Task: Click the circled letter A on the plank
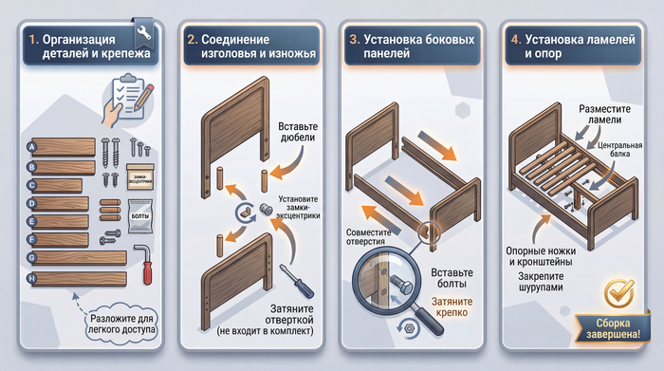point(31,147)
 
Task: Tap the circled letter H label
point(31,278)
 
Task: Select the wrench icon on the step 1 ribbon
point(144,32)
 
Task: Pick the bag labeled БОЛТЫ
point(140,216)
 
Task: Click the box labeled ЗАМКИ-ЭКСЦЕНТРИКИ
point(140,177)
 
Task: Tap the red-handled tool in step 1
point(144,265)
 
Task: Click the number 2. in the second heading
point(193,40)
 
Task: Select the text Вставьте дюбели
point(297,132)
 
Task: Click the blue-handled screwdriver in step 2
point(296,280)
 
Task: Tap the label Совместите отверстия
point(368,237)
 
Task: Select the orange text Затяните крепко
point(452,307)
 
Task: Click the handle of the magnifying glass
point(428,320)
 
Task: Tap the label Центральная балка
point(619,150)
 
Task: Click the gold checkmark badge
point(619,293)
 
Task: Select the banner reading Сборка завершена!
point(613,328)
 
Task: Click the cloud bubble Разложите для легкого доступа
point(122,325)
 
